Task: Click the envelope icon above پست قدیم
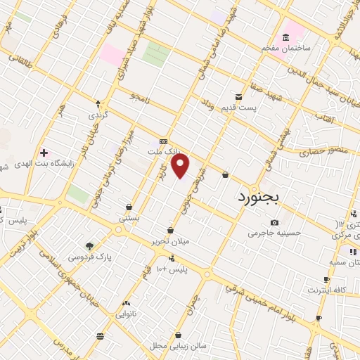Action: point(240,96)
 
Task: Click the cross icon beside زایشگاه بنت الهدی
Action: point(44,153)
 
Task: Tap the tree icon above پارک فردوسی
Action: point(89,246)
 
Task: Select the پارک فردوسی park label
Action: point(90,257)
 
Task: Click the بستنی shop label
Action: point(129,218)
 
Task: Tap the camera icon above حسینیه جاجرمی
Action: point(274,222)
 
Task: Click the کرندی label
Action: point(97,114)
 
